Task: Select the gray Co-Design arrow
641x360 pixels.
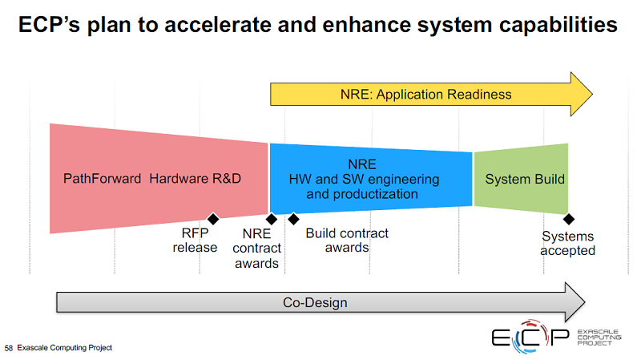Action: (320, 302)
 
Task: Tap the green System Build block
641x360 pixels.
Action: (521, 179)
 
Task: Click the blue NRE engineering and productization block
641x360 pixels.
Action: (371, 179)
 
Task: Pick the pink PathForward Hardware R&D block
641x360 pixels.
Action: (159, 179)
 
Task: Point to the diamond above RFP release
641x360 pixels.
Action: (213, 219)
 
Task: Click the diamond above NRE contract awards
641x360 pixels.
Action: (272, 219)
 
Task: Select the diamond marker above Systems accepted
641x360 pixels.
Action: (569, 219)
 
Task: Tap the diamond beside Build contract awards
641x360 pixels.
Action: (293, 219)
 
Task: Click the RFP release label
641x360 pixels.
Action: (195, 241)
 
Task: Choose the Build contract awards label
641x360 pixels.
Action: (347, 241)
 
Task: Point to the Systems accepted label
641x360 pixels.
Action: (568, 244)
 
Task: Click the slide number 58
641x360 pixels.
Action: (9, 348)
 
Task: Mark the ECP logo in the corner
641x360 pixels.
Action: (556, 337)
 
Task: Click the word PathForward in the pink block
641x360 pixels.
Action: (103, 178)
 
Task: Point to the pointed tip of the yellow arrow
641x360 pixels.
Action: (593, 95)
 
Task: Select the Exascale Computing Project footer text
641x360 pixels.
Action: (65, 348)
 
